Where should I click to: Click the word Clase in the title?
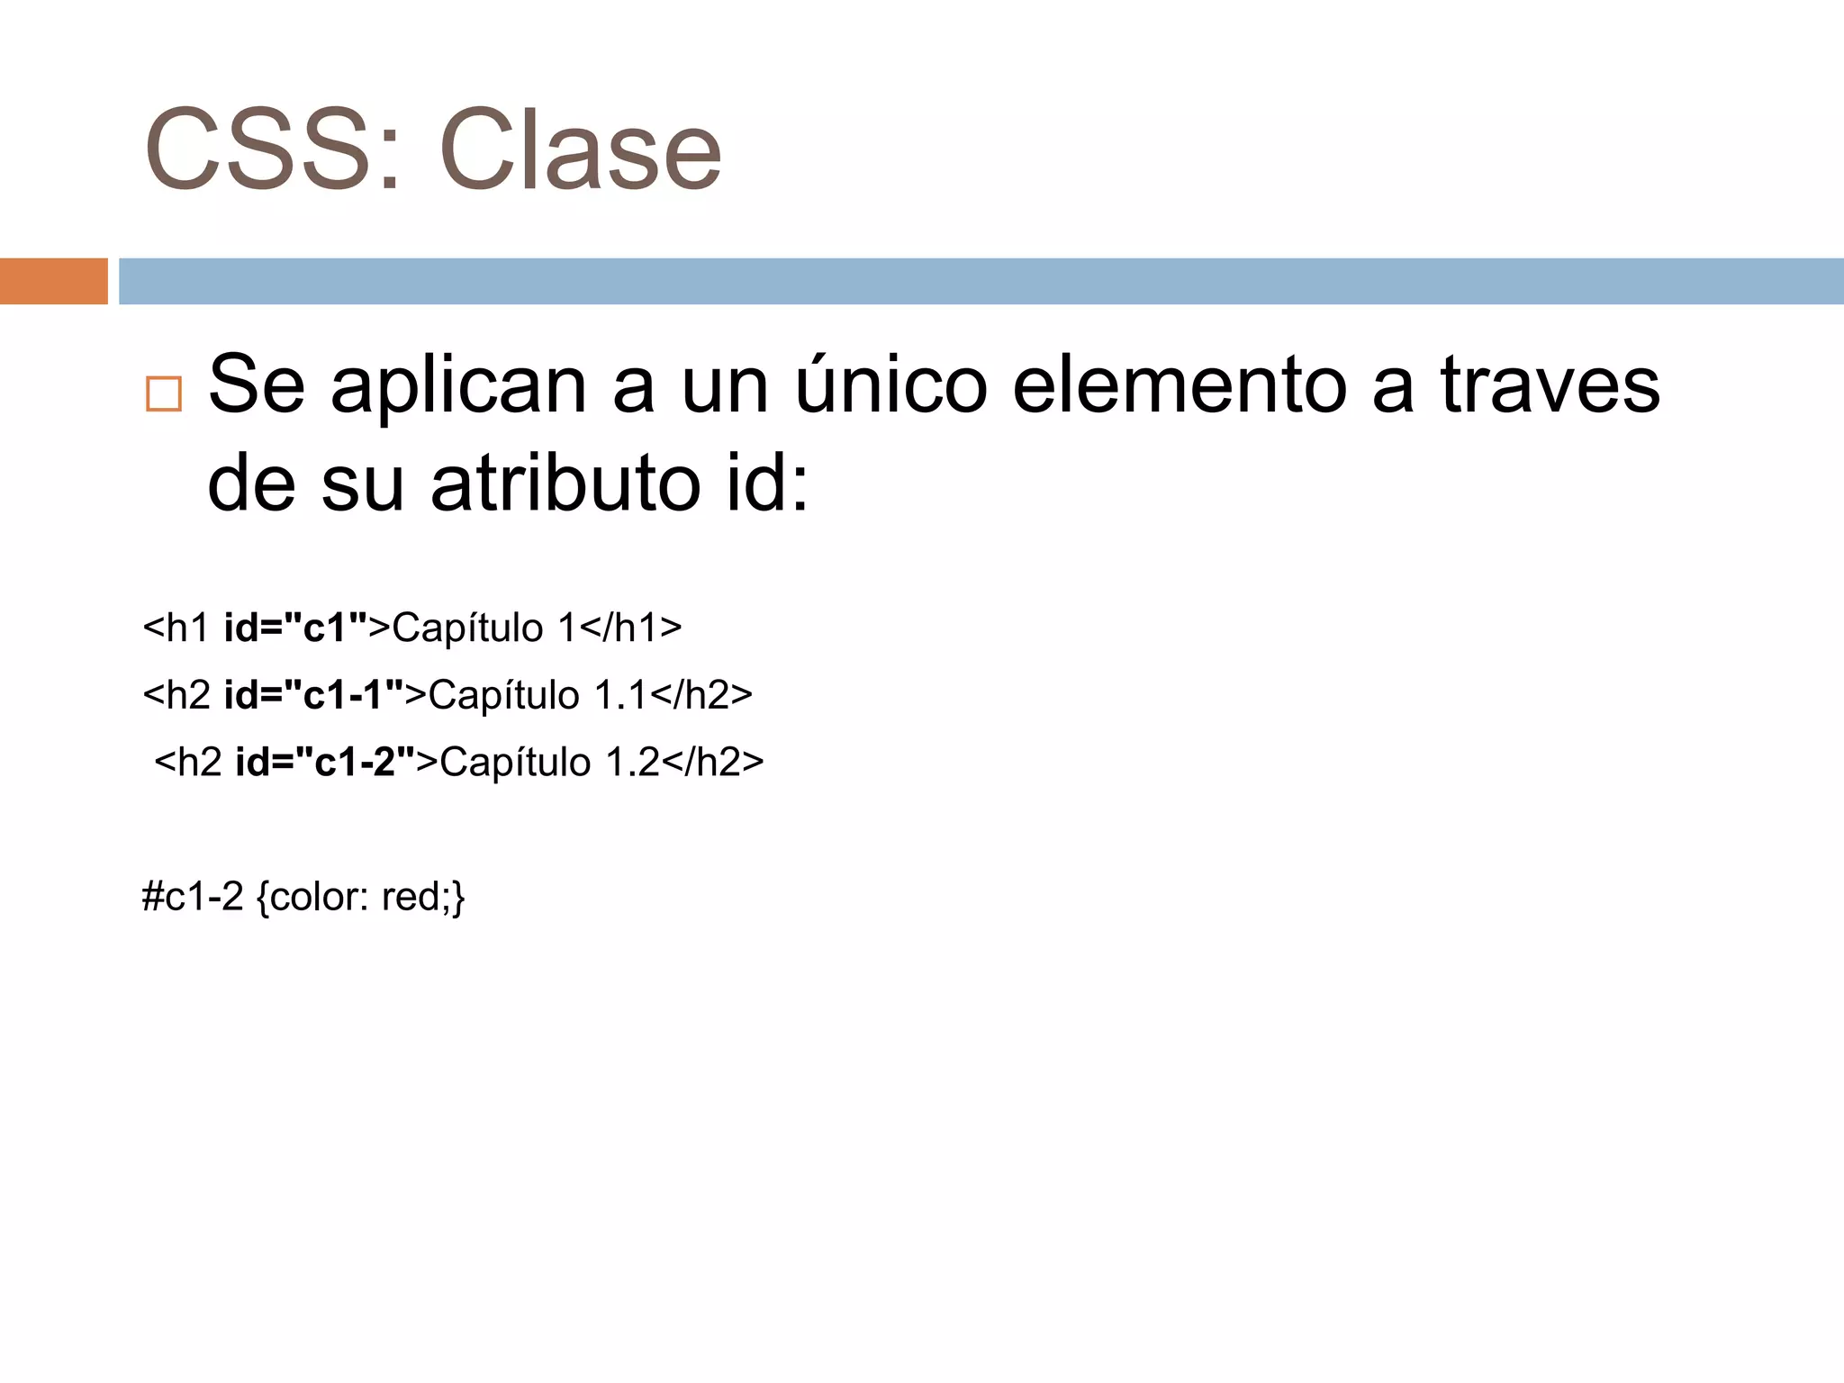(580, 150)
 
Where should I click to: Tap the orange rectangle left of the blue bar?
(53, 281)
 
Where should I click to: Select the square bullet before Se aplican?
(164, 394)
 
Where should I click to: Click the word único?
(891, 385)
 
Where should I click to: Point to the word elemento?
(1180, 385)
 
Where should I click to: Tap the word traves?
(1549, 385)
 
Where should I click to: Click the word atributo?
(565, 484)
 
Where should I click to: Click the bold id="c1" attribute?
(296, 628)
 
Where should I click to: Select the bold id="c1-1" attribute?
(314, 695)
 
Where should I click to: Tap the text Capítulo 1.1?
(538, 695)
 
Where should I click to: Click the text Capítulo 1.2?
(549, 762)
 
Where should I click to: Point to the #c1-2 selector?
(193, 897)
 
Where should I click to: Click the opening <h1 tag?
(176, 628)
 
